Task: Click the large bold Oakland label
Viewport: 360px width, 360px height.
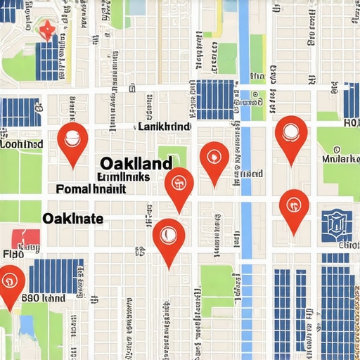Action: coord(136,163)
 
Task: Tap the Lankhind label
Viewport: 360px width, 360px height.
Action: coord(163,127)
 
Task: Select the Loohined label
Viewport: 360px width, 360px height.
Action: coord(22,143)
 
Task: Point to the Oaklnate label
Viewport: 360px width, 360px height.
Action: coord(73,219)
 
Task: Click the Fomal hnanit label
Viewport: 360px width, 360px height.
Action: coord(91,189)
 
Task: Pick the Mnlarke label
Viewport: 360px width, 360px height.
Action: coord(340,159)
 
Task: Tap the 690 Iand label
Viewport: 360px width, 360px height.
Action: coord(43,297)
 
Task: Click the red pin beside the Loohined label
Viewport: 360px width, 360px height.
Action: coord(72,140)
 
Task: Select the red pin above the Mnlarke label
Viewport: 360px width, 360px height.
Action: coord(290,136)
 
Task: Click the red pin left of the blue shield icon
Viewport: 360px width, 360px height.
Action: coord(294,207)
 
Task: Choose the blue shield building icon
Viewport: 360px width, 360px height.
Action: coord(337,225)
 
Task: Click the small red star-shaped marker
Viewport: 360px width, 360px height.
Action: coord(46,30)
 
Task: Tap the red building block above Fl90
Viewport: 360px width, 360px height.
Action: coord(26,238)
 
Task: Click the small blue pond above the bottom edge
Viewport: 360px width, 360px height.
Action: coord(27,326)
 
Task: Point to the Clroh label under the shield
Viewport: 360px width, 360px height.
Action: coord(348,245)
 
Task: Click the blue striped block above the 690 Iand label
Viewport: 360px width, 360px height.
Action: coord(56,275)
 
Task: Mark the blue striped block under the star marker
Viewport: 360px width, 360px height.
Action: coord(48,58)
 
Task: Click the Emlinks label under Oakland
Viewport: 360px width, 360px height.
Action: coord(123,177)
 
